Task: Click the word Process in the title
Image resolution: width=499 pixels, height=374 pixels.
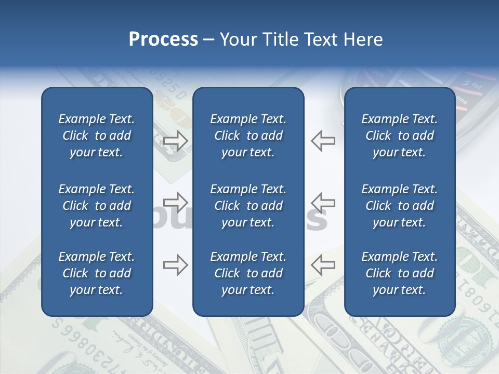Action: coord(163,39)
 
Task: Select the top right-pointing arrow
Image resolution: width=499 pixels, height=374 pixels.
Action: coord(176,141)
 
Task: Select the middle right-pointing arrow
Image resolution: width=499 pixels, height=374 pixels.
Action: coord(176,202)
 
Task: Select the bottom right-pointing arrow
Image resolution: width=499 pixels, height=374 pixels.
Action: coord(176,265)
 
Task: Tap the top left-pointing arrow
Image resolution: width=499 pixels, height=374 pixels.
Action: coord(323,141)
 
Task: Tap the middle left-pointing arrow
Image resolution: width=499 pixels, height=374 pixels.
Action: coord(323,202)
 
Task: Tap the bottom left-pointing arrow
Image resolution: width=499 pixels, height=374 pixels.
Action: coord(323,265)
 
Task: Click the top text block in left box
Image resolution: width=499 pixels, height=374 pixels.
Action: coord(97,136)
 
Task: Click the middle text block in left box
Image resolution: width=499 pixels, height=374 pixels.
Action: coord(97,206)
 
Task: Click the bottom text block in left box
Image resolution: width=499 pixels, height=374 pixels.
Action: coord(97,273)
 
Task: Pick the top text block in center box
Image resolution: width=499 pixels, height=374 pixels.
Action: coord(248,136)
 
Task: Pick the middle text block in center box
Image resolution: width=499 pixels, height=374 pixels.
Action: coord(248,206)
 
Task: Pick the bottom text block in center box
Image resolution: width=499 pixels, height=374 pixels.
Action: coord(248,273)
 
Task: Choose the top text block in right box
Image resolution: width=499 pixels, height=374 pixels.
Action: coord(399,136)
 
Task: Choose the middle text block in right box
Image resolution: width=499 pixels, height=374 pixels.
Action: coord(399,206)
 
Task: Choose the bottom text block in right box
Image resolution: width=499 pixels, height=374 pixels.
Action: coord(399,273)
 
